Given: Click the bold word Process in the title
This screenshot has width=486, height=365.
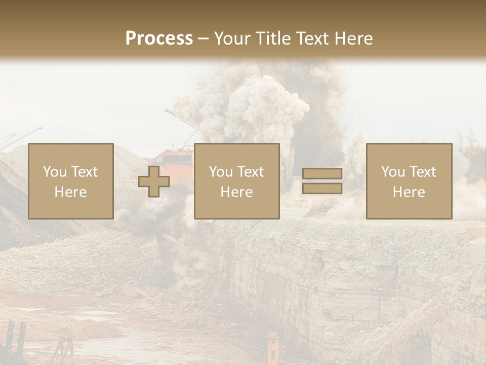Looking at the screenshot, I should pos(159,39).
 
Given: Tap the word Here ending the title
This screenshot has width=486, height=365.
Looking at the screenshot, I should pos(352,39).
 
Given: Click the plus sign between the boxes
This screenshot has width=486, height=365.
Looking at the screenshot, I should pos(154,181).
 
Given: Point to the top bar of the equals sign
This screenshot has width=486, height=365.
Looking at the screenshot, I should pos(322,174).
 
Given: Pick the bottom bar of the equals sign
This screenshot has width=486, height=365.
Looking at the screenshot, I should pos(322,189).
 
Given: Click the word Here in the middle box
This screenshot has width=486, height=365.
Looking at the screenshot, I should pos(237,192).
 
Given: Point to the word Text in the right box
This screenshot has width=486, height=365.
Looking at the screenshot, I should pos(423,172).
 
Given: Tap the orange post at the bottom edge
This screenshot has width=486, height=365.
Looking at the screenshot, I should pos(273,350).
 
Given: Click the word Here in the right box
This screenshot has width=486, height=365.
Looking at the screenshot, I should pos(409,192).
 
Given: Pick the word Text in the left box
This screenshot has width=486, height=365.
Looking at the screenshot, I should pos(85,172).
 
